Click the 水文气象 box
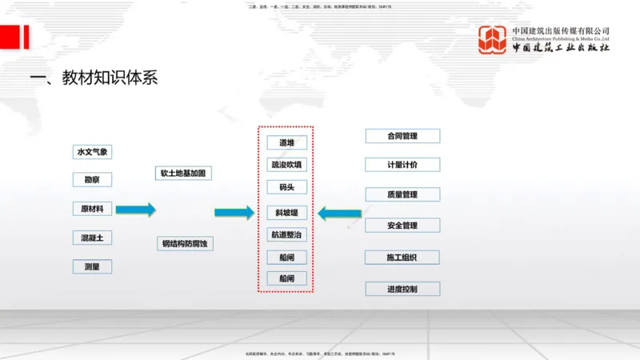(x=92, y=152)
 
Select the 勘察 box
(x=92, y=180)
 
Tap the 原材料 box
(x=92, y=210)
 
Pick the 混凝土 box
(x=92, y=238)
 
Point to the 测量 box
(x=92, y=266)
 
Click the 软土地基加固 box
(x=186, y=173)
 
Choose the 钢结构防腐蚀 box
(x=186, y=244)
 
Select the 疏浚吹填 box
(x=286, y=165)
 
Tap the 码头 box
(x=286, y=187)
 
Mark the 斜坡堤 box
(x=286, y=213)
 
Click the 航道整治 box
(x=286, y=235)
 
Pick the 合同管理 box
(x=402, y=136)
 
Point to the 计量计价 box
(x=402, y=165)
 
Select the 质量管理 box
(x=402, y=194)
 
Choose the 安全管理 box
(x=402, y=226)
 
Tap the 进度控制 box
(x=402, y=288)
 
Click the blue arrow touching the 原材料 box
(x=135, y=210)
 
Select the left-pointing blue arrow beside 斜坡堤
(x=339, y=214)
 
